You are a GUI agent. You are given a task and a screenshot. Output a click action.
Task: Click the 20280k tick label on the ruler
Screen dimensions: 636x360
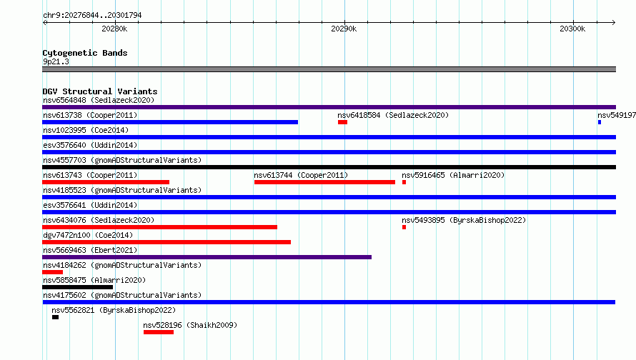[114, 29]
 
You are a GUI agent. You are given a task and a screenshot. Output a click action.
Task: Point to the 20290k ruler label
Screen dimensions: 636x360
[344, 29]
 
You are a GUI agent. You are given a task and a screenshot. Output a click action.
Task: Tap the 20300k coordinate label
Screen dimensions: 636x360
[572, 29]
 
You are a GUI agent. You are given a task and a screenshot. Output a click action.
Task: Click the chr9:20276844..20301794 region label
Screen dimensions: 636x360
[92, 15]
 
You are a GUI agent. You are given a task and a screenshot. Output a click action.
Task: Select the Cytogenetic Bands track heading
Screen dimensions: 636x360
[85, 53]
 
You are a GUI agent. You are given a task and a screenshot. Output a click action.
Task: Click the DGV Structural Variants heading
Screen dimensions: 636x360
[100, 91]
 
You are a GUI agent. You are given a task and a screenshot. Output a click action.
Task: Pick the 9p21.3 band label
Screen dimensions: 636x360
[56, 61]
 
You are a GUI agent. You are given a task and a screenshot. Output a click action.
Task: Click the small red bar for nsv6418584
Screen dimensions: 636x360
[343, 122]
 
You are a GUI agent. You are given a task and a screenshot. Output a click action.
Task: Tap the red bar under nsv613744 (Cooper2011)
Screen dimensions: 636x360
[324, 182]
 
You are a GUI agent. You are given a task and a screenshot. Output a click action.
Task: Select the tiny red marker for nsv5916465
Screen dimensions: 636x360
[404, 182]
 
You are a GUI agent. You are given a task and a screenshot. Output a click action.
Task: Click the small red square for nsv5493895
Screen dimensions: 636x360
[404, 227]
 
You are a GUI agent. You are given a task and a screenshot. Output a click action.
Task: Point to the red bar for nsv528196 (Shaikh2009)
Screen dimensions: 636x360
[159, 332]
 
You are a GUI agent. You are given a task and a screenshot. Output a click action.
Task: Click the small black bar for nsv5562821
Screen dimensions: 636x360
[55, 317]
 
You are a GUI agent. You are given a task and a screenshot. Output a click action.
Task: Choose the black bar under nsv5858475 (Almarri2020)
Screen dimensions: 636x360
[77, 287]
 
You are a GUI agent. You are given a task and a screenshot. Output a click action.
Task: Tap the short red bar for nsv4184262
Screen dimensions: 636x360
[52, 272]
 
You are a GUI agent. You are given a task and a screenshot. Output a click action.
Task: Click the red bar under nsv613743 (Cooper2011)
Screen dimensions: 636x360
[106, 182]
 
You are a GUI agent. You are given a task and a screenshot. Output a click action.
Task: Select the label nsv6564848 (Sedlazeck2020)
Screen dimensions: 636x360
[99, 100]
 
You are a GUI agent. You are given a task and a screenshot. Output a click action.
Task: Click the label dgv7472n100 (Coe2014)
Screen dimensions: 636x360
[88, 235]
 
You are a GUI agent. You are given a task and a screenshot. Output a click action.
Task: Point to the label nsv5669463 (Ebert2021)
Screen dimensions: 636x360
[90, 250]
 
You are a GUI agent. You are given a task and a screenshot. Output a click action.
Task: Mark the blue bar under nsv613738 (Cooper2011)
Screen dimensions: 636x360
[170, 122]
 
